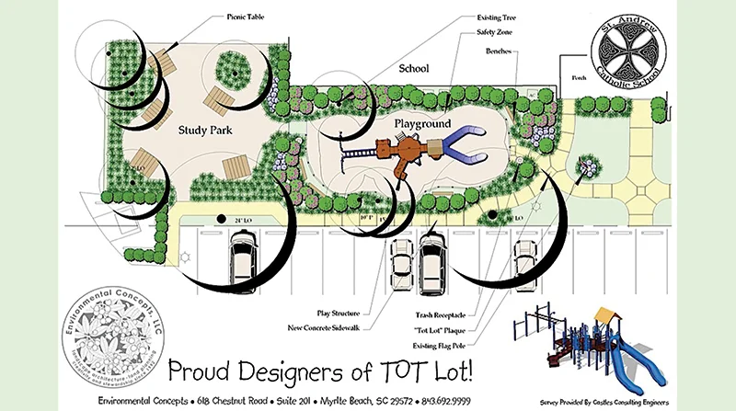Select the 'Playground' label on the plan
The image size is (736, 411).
pyautogui.click(x=422, y=122)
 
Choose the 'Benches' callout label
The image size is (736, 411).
pyautogui.click(x=500, y=52)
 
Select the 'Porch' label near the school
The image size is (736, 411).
pyautogui.click(x=580, y=78)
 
